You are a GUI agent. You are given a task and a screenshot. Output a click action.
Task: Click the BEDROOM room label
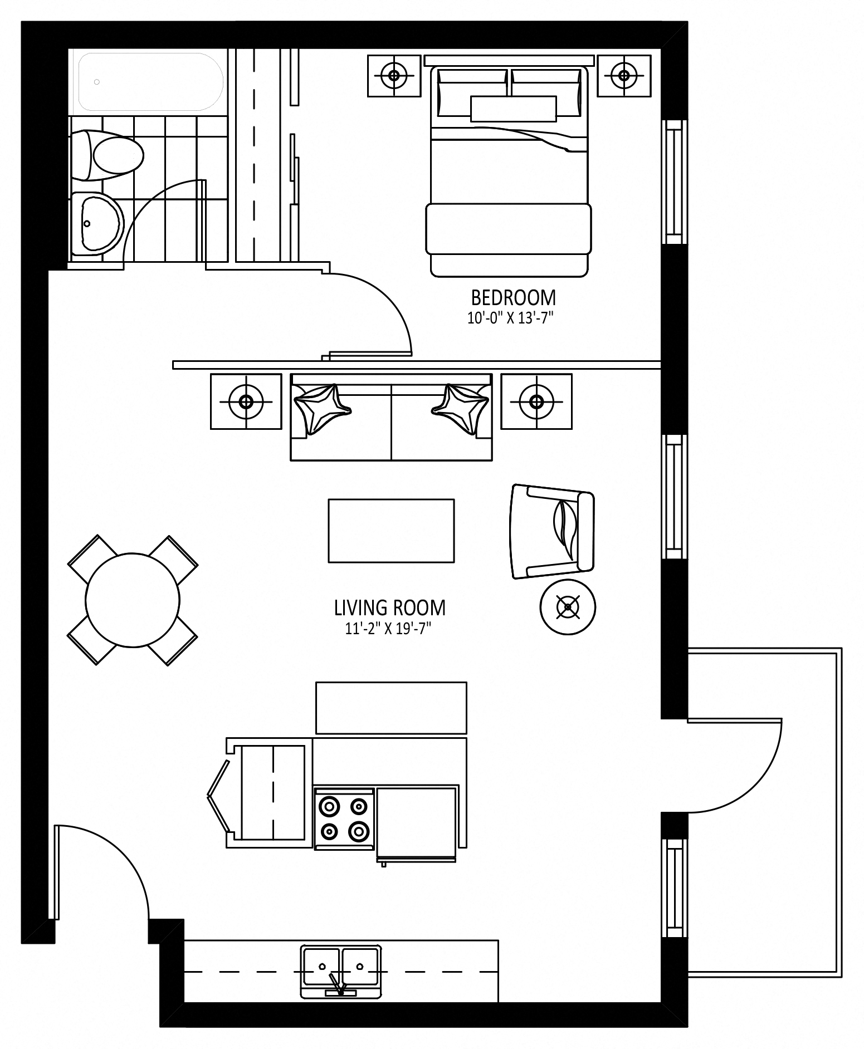tap(513, 298)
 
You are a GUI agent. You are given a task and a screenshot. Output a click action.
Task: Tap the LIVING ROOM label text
tap(390, 607)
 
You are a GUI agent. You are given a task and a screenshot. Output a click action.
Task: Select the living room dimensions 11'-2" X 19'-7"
tap(389, 629)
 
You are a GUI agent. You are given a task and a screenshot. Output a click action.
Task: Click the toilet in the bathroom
tap(107, 155)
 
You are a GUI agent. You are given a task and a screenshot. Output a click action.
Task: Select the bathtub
tap(151, 82)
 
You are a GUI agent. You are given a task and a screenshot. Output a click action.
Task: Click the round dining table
tap(133, 600)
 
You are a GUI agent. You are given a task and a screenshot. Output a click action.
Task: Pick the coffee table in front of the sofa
tap(391, 531)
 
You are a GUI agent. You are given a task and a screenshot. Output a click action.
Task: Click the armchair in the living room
tap(552, 532)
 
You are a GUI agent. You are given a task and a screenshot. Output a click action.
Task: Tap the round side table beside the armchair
tap(568, 607)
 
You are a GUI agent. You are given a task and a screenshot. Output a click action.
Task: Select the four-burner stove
tap(344, 819)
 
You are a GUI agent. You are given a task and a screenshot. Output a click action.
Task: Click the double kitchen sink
tap(341, 972)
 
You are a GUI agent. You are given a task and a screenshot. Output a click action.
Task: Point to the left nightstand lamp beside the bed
tap(394, 75)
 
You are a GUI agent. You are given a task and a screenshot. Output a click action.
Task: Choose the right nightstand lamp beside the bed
tap(624, 75)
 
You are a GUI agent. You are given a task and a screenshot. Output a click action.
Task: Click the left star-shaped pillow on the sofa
tap(321, 408)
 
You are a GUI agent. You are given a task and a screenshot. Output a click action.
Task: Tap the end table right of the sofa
tap(536, 401)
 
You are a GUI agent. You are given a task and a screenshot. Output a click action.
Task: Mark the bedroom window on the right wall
tap(675, 182)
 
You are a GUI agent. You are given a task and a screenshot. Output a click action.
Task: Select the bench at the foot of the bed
tap(508, 229)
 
